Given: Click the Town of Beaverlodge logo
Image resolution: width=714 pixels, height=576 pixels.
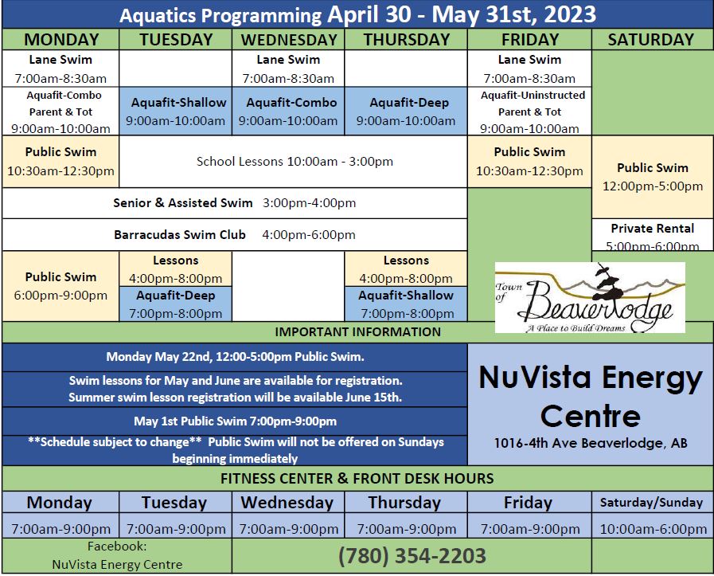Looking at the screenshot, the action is click(590, 297).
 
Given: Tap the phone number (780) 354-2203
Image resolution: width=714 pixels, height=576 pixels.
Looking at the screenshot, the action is click(412, 556).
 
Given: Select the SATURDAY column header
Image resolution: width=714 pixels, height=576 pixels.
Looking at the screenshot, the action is click(651, 40).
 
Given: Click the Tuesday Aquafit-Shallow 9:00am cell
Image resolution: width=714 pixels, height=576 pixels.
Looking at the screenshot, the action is click(176, 112).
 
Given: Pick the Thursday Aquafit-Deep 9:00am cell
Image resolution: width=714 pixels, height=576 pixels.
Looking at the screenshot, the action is click(406, 112).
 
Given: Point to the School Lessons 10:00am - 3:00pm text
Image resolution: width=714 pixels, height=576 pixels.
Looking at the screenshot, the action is click(295, 161).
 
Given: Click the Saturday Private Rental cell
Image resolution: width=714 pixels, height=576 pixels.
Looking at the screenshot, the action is click(653, 235).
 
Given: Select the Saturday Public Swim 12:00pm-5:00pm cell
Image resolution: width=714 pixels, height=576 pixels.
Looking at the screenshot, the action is click(653, 177).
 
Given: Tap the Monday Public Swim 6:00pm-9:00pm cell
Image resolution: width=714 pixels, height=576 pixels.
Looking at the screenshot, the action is click(60, 286).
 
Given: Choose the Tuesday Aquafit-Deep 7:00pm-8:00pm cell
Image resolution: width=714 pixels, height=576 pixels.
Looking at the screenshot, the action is click(176, 304).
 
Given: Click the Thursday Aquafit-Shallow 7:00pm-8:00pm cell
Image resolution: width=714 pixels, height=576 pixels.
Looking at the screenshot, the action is click(406, 304).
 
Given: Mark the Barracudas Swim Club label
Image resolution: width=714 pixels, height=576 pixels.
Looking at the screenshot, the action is click(180, 235).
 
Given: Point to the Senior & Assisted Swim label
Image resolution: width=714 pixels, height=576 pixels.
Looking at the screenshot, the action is click(183, 203).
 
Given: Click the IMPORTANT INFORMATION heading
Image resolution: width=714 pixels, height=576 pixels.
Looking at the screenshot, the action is click(358, 331).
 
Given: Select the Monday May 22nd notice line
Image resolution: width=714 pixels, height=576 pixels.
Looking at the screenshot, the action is click(235, 357).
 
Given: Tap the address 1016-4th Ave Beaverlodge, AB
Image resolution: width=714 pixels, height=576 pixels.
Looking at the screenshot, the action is click(591, 443).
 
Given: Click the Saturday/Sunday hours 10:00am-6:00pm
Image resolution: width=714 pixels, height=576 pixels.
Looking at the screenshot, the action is click(653, 529).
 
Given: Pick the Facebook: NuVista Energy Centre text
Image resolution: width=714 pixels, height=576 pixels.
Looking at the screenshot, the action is click(117, 555).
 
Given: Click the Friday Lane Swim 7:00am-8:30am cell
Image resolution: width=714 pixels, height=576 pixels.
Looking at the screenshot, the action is click(529, 69).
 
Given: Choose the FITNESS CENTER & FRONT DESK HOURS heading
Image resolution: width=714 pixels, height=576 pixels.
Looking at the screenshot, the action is click(357, 479).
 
